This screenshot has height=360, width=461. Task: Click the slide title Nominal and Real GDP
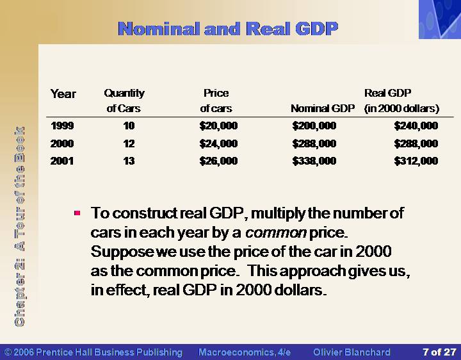click(x=228, y=29)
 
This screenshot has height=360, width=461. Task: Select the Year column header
click(x=63, y=94)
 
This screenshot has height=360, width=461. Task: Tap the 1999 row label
click(x=62, y=126)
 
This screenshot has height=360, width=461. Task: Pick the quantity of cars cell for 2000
click(x=129, y=143)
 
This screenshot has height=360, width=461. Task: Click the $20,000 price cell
click(x=218, y=126)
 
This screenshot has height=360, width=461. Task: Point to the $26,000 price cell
click(x=218, y=161)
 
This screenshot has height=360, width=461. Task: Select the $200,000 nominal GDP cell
click(x=314, y=126)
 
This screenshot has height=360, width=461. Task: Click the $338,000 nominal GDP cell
click(x=314, y=161)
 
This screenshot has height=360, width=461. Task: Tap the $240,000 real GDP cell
click(x=416, y=126)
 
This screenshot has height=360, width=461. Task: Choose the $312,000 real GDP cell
click(x=416, y=161)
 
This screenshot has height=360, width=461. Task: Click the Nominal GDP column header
click(x=323, y=108)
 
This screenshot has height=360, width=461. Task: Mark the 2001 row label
click(x=62, y=161)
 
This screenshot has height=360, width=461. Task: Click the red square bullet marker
click(x=77, y=213)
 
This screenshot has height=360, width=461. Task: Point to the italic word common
click(x=276, y=233)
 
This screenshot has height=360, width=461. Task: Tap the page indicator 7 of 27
click(x=439, y=352)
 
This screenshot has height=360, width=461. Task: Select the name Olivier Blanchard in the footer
click(x=352, y=352)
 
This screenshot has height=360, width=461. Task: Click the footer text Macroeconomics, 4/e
click(x=245, y=352)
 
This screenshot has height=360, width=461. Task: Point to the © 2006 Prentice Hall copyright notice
click(x=93, y=352)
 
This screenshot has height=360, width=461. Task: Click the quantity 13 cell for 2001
click(x=129, y=161)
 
